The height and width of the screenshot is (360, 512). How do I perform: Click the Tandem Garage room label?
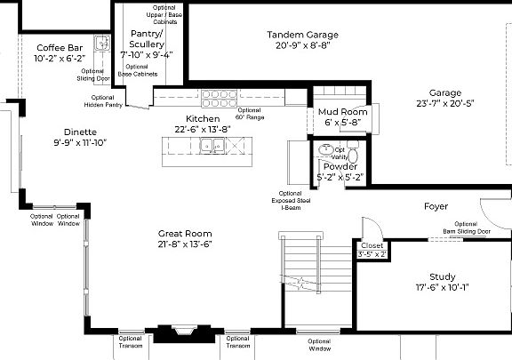pos(302,36)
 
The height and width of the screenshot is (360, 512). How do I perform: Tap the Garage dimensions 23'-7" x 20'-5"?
pos(452,103)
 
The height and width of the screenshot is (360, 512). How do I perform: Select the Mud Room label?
pos(342,112)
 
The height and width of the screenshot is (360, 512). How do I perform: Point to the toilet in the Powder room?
pos(326,150)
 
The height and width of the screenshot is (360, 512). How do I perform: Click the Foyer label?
pos(436,206)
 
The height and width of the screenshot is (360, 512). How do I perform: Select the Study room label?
pos(442,276)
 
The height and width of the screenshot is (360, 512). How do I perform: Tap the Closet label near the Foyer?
pos(372,246)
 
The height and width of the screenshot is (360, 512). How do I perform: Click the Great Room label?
pos(184,234)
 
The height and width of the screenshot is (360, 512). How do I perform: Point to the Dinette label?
pos(79,132)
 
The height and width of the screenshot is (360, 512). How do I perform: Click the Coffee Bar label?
pos(60,47)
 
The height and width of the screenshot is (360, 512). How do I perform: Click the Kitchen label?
pos(203,119)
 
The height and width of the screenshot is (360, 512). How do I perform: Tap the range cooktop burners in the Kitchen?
pos(216,95)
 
